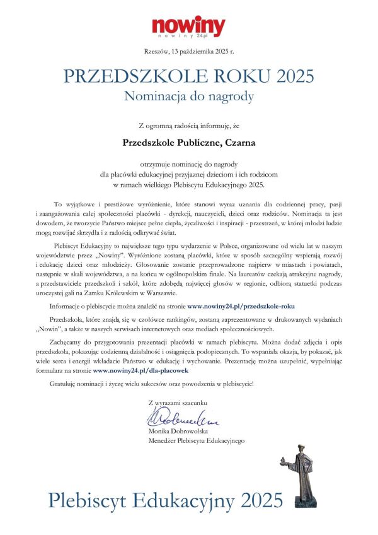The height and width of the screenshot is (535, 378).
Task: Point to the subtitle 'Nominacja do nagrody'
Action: coord(188,97)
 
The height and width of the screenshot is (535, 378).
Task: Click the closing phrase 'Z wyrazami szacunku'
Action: coord(177,402)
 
